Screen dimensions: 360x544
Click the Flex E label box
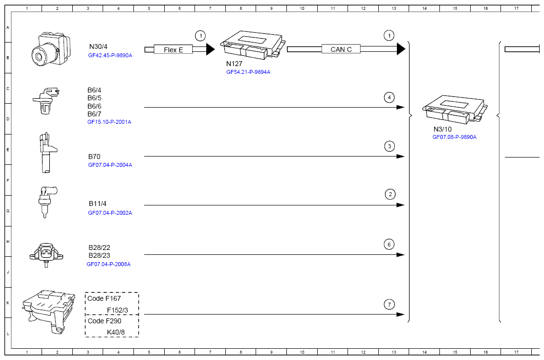coord(174,49)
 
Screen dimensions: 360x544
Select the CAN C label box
coord(341,49)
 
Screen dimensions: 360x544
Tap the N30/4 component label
coord(98,46)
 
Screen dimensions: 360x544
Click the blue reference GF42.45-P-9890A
coord(110,56)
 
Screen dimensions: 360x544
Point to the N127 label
coord(234,64)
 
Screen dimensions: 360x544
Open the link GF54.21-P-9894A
coord(248,72)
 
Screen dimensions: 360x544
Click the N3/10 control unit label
coord(442,129)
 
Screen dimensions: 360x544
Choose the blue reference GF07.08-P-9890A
coord(454,137)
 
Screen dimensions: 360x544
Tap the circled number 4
coord(389,97)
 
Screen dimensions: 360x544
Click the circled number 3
coord(389,146)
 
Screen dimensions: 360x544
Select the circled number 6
coord(389,244)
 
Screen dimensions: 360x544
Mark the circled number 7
coord(389,305)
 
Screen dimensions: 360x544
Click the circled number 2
coord(390,195)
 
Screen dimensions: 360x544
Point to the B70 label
coord(94,157)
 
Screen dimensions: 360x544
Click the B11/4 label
coord(97,203)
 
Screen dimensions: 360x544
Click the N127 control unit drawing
coord(251,44)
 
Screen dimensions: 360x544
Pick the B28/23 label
coord(99,255)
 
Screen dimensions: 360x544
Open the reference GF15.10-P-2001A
coord(109,122)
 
